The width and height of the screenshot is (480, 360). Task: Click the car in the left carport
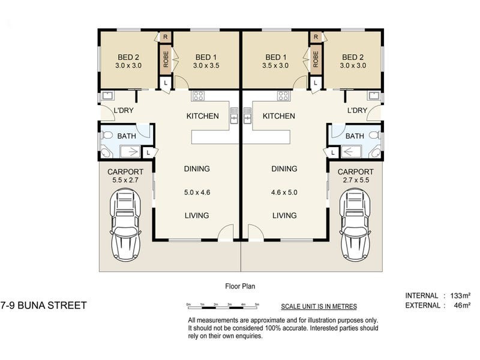click(125, 225)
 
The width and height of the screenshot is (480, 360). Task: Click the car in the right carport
click(355, 225)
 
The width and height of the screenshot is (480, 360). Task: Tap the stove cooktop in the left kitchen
click(198, 96)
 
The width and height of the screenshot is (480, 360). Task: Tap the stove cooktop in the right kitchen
click(283, 96)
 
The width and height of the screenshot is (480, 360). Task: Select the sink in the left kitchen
click(234, 115)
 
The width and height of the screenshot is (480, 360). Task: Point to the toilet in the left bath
click(107, 135)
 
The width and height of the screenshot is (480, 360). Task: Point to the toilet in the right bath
click(374, 135)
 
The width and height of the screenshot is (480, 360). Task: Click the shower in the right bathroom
click(351, 152)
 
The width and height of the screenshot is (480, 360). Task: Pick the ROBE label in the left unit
click(166, 59)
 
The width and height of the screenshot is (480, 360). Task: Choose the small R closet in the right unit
click(316, 37)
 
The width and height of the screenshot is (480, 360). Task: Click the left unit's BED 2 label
click(128, 57)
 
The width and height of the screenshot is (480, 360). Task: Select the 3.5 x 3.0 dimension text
click(275, 65)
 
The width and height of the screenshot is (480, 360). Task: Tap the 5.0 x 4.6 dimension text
click(197, 193)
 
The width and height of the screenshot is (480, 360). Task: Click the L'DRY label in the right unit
click(357, 110)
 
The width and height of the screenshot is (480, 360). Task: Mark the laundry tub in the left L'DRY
click(108, 96)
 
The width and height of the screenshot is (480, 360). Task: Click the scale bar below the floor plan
click(223, 306)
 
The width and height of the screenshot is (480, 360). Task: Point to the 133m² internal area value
click(460, 296)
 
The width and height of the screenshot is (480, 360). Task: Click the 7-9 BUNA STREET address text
click(43, 305)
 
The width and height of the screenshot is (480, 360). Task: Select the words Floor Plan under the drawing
click(240, 287)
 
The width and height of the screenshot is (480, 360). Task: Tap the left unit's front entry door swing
click(226, 232)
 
